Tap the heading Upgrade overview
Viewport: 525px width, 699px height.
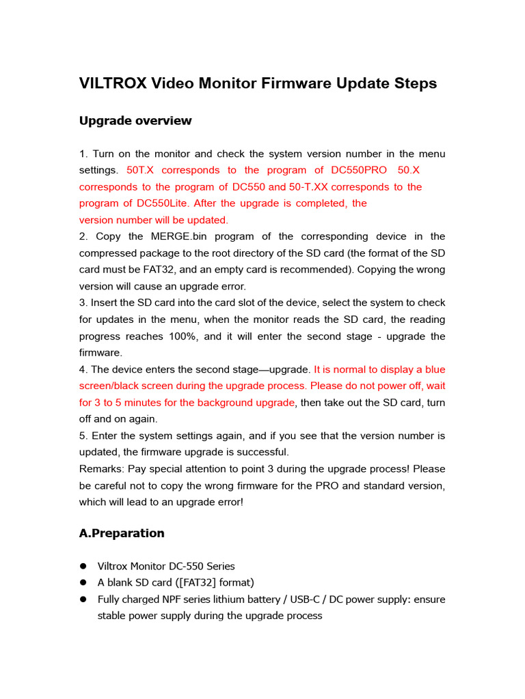click(135, 121)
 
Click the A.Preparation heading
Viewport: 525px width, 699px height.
click(122, 533)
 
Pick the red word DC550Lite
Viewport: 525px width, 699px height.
click(163, 203)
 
